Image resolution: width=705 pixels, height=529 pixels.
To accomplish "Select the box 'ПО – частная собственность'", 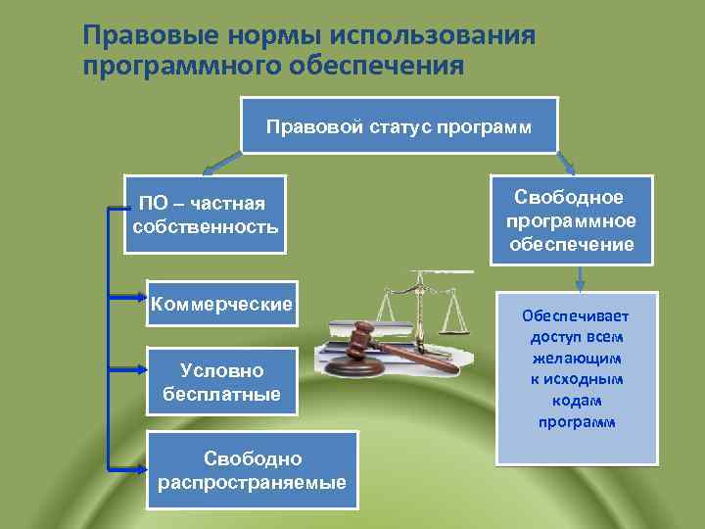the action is point(206,215).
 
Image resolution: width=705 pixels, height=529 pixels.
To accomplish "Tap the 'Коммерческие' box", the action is point(221,304).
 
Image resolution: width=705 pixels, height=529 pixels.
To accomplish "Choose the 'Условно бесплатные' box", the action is point(221,382).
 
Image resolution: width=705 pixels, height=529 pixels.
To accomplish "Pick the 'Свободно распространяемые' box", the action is point(253,470).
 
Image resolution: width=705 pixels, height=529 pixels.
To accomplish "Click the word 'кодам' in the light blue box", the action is point(576,401).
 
